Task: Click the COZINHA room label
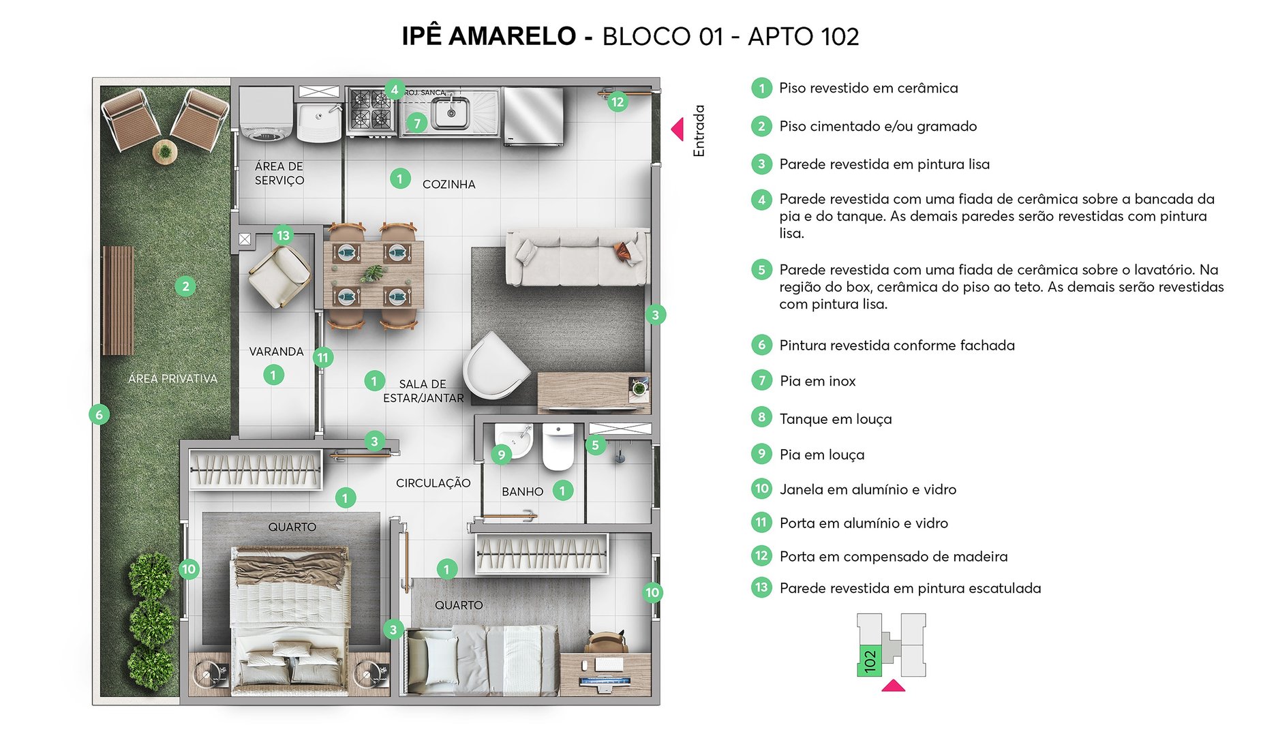448,184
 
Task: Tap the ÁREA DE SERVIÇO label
279,173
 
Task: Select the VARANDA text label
276,352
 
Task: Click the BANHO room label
522,491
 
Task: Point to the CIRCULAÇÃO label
433,483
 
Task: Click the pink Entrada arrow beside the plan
678,129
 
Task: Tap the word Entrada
699,131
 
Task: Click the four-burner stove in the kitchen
371,110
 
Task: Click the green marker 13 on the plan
283,235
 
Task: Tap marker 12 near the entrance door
618,102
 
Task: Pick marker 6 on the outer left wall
100,414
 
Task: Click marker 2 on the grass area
185,286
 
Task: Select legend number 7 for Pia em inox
761,380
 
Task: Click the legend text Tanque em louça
835,419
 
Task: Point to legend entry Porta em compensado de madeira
893,556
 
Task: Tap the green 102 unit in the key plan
869,660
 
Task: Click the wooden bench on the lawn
118,301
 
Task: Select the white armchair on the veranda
279,276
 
